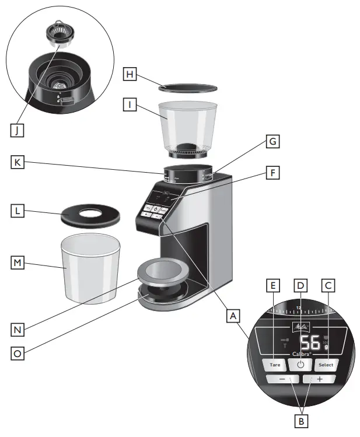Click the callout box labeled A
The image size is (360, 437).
pos(233,316)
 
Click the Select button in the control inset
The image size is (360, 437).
pos(326,365)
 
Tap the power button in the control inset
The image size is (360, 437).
pos(300,365)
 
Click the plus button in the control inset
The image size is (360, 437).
pos(319,379)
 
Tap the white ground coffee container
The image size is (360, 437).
pos(89,267)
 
